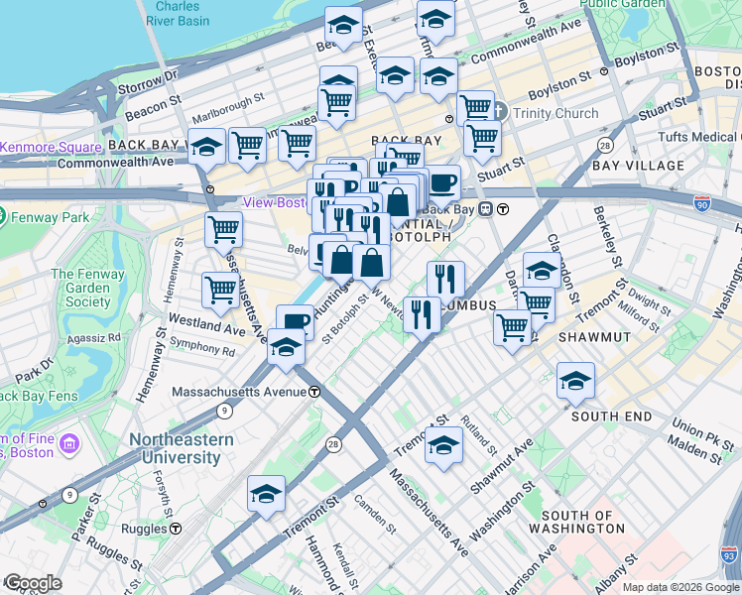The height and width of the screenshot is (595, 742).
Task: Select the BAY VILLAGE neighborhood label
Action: (x=639, y=166)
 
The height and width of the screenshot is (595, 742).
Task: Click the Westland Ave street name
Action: (x=205, y=323)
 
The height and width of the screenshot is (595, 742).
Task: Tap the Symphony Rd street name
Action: (x=201, y=348)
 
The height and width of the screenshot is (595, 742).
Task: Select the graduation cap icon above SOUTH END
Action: (x=575, y=381)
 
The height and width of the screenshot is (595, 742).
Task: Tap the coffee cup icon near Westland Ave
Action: (x=295, y=321)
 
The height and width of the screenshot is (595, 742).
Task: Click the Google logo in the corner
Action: (x=32, y=583)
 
